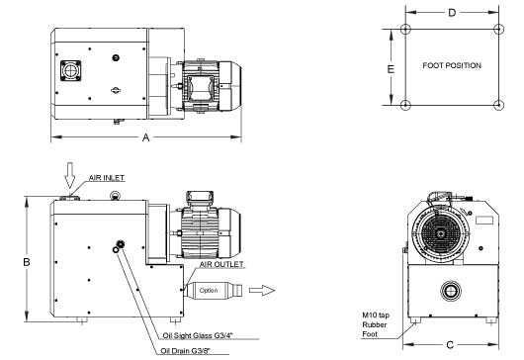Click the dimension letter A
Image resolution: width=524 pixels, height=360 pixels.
(146, 137)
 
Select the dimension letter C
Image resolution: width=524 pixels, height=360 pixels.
(450, 344)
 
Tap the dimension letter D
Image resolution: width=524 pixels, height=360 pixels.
(452, 13)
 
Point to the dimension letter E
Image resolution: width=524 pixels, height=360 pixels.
(392, 68)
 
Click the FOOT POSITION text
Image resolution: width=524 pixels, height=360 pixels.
(452, 66)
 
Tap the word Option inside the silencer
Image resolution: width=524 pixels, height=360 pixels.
(209, 291)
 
